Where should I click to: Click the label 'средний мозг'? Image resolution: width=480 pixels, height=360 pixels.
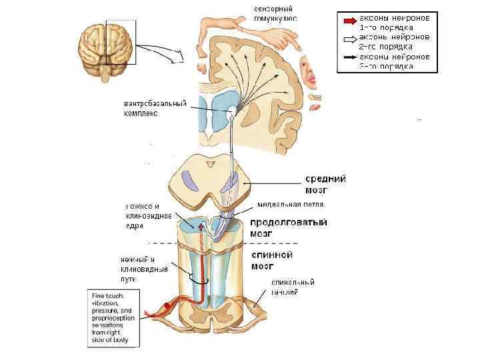pos(325,183)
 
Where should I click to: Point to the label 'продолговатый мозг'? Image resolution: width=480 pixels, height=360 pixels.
pos(287,227)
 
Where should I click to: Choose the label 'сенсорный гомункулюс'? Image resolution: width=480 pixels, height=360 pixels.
pos(275,13)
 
